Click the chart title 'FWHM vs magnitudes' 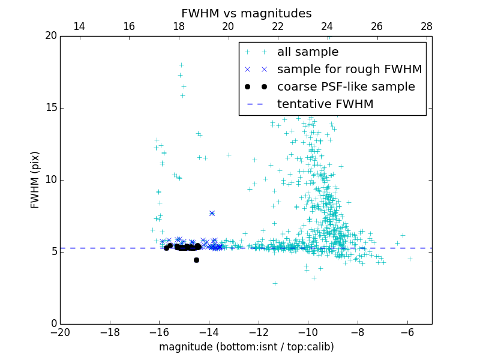246,13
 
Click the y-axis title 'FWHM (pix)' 35,179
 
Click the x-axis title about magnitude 246,347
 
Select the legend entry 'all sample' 307,52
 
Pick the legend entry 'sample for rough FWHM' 349,70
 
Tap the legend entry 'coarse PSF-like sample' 346,87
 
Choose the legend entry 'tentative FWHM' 325,104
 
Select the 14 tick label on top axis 79,26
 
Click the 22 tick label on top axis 278,26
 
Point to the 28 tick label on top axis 427,26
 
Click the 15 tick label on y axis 50,108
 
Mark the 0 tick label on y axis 53,324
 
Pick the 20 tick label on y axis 50,36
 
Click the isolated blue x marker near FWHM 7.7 212,213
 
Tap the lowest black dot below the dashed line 196,260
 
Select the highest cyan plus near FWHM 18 181,65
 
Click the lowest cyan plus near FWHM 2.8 275,283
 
